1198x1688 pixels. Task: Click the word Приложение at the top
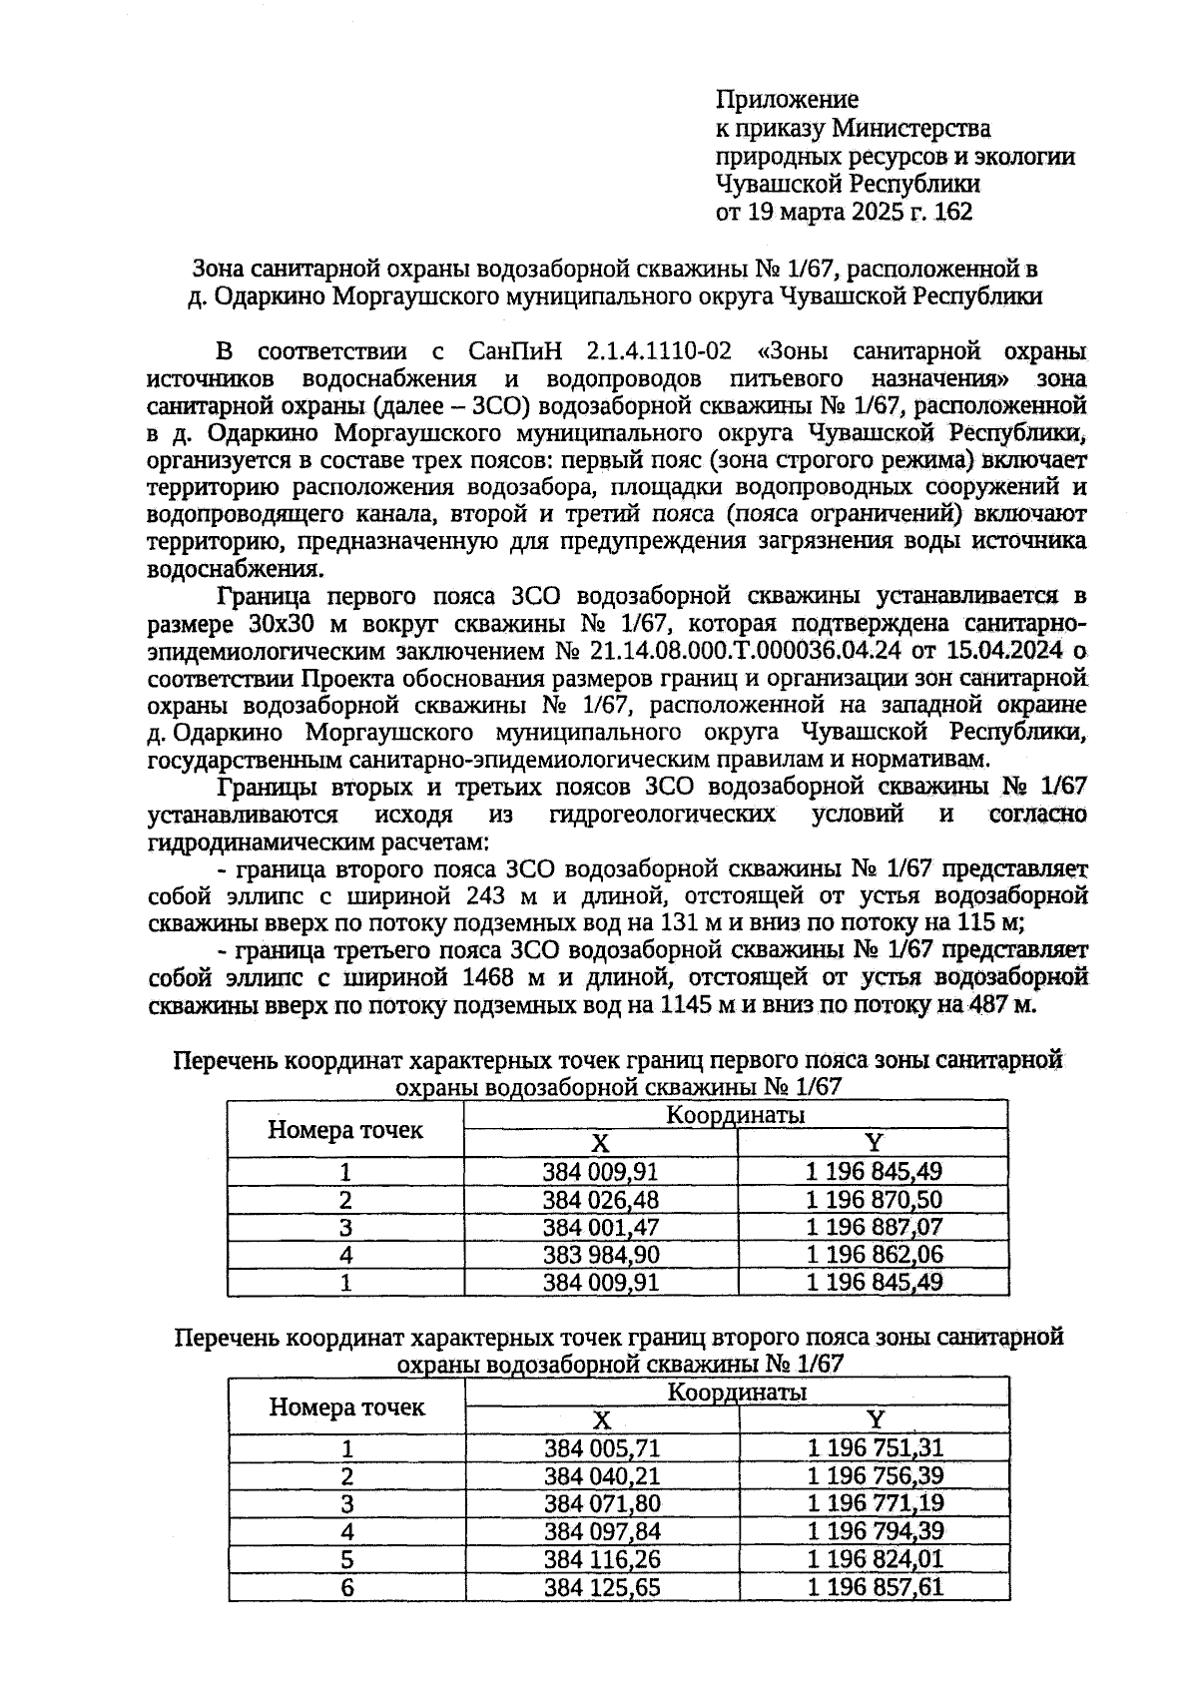click(x=787, y=100)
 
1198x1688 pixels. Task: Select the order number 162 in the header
click(x=952, y=213)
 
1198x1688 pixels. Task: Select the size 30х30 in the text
click(x=279, y=624)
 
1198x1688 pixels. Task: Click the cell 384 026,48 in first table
click(x=600, y=1200)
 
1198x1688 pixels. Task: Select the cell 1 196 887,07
click(x=874, y=1227)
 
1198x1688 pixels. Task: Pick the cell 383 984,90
click(x=600, y=1255)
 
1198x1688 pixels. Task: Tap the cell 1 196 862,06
click(x=874, y=1255)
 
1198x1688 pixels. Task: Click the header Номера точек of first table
click(x=345, y=1130)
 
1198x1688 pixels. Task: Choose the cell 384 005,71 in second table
click(x=602, y=1448)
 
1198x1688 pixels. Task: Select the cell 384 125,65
click(x=602, y=1586)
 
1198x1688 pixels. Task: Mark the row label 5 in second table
click(x=347, y=1559)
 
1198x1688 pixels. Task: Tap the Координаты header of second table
click(x=737, y=1393)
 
